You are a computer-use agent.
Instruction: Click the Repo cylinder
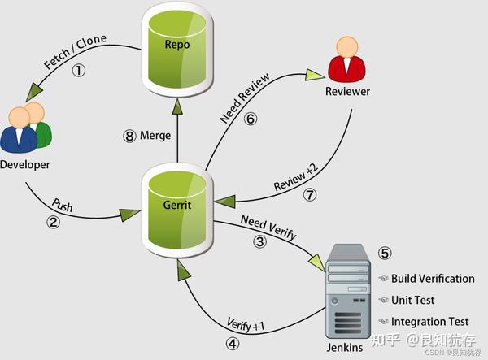(x=177, y=50)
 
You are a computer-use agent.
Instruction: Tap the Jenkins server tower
(x=348, y=292)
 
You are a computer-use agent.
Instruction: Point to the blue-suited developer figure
(x=19, y=131)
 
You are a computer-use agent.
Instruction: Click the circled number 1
(x=79, y=70)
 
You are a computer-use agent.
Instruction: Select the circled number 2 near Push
(x=53, y=222)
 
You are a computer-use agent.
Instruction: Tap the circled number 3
(x=259, y=241)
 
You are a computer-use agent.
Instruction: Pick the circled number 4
(x=233, y=344)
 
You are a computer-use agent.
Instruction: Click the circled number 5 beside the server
(x=385, y=253)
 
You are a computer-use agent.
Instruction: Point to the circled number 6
(x=251, y=119)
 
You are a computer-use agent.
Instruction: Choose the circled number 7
(x=310, y=195)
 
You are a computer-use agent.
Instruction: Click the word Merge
(x=155, y=136)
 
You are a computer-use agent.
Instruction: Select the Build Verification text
(x=433, y=279)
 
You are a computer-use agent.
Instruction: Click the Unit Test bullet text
(x=412, y=300)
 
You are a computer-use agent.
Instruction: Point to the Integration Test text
(x=429, y=322)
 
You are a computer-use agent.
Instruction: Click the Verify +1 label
(x=246, y=324)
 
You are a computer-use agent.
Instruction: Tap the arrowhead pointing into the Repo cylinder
(x=177, y=106)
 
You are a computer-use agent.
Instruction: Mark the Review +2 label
(x=296, y=176)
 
